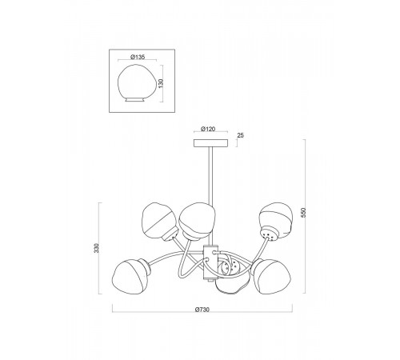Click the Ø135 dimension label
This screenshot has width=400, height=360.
[x=138, y=57]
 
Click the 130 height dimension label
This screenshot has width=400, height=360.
[x=161, y=83]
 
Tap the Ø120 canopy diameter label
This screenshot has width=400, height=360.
[x=208, y=129]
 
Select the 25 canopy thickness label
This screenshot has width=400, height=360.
[x=240, y=135]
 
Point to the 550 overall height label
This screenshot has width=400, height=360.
[x=304, y=213]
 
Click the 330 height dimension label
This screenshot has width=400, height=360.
[x=97, y=248]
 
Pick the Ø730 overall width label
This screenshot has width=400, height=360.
[x=202, y=310]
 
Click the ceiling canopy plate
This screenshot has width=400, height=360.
[x=210, y=143]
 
